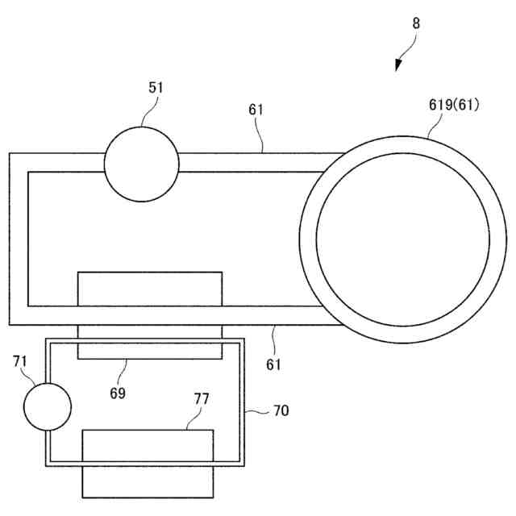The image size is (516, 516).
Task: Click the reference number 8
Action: coord(416,23)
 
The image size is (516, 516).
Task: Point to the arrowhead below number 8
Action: coord(398,66)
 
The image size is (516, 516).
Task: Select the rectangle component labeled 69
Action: coord(149,314)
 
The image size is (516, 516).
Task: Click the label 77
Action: coord(202,399)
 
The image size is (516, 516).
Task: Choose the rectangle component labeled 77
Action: coord(148,464)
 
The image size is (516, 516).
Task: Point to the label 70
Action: coord(280,410)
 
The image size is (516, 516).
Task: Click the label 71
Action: coord(21,360)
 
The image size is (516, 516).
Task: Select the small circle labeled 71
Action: coord(47,406)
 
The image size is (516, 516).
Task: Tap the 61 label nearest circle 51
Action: coord(256,109)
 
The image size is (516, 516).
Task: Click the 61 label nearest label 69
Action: coord(274,364)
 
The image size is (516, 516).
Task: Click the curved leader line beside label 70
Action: coord(258,412)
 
